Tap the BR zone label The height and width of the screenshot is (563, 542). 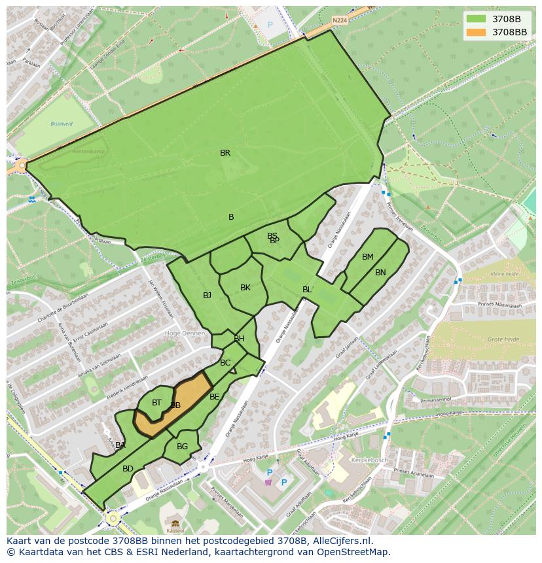point(225,153)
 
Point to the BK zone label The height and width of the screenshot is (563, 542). point(245,288)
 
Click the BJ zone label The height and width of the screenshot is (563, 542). point(207,296)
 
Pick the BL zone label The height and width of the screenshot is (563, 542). point(307,290)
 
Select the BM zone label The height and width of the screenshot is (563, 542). point(368,257)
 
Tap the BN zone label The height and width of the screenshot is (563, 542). point(380,273)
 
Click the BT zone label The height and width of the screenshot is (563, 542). point(156,403)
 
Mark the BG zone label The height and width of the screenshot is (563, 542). point(182,447)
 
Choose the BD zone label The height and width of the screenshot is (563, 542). point(128,469)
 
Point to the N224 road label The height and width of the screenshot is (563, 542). point(339,20)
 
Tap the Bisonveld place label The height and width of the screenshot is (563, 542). point(62,123)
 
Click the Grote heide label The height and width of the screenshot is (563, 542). point(503,339)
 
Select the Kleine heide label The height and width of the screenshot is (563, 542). point(504,274)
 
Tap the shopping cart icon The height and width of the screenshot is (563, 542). point(268,483)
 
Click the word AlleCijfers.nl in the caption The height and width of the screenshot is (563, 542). point(341,541)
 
